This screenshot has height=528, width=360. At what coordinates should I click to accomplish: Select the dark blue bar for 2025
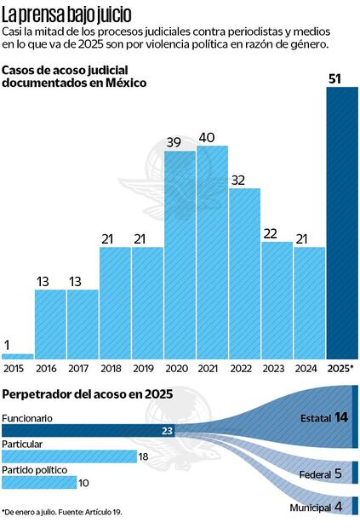pyautogui.click(x=341, y=221)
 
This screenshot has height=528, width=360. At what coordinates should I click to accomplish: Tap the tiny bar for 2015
pyautogui.click(x=18, y=356)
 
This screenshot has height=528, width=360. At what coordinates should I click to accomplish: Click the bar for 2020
pyautogui.click(x=180, y=255)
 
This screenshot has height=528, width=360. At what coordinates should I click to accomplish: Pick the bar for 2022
pyautogui.click(x=244, y=273)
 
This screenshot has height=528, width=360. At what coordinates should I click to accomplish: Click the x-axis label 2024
pyautogui.click(x=309, y=368)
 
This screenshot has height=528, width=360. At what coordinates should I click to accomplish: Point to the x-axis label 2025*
pyautogui.click(x=341, y=368)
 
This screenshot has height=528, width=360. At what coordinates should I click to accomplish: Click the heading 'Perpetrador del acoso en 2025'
pyautogui.click(x=88, y=394)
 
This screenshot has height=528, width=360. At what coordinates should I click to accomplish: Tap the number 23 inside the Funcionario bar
pyautogui.click(x=167, y=431)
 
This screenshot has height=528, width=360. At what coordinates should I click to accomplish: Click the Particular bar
pyautogui.click(x=69, y=456)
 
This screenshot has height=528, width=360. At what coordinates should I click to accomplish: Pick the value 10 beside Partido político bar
pyautogui.click(x=83, y=483)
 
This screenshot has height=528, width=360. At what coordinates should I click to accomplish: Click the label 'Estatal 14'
pyautogui.click(x=324, y=417)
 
